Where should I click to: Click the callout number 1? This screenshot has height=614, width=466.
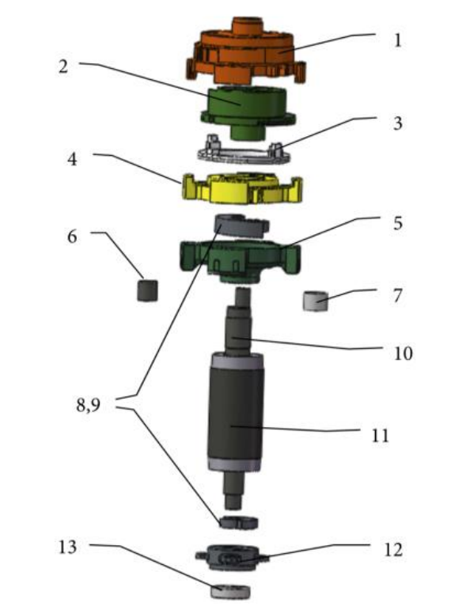[397, 40]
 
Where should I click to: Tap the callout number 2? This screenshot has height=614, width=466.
[63, 66]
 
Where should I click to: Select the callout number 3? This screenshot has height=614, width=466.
[397, 123]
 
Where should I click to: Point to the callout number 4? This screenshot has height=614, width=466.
[73, 159]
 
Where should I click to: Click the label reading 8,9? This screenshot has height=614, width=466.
[89, 405]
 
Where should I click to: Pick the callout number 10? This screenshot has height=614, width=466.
[403, 353]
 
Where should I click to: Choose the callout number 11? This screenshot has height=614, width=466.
[380, 435]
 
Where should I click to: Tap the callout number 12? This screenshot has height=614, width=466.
[392, 550]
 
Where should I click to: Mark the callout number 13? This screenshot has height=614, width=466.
[67, 547]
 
